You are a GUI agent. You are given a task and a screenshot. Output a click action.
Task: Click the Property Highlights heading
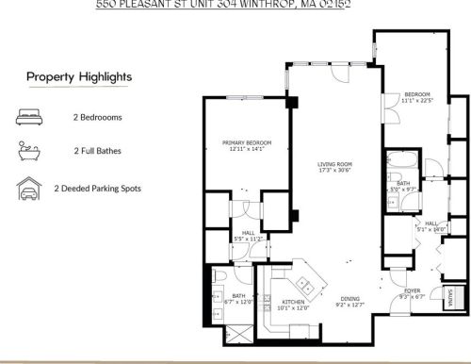pyautogui.click(x=78, y=76)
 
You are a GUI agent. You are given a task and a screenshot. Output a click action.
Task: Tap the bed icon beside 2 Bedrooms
pyautogui.click(x=25, y=118)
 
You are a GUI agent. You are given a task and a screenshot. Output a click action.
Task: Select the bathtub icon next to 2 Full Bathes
pyautogui.click(x=25, y=151)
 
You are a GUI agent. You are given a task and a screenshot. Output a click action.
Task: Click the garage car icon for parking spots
pyautogui.click(x=25, y=189)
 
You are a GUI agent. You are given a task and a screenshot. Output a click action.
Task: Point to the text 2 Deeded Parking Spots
pyautogui.click(x=97, y=189)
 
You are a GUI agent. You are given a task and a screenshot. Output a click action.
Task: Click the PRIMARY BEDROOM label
pyautogui.click(x=245, y=143)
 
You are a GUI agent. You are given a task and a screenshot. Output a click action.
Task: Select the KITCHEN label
pyautogui.click(x=293, y=301)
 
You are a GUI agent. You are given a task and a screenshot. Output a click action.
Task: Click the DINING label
pyautogui.click(x=349, y=297)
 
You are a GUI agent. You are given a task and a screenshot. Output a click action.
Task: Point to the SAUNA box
pyautogui.click(x=449, y=297)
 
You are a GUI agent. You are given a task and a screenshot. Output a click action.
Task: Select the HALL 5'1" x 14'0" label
pyautogui.click(x=432, y=225)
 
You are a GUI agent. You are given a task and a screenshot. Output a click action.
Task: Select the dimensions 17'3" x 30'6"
pyautogui.click(x=333, y=170)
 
